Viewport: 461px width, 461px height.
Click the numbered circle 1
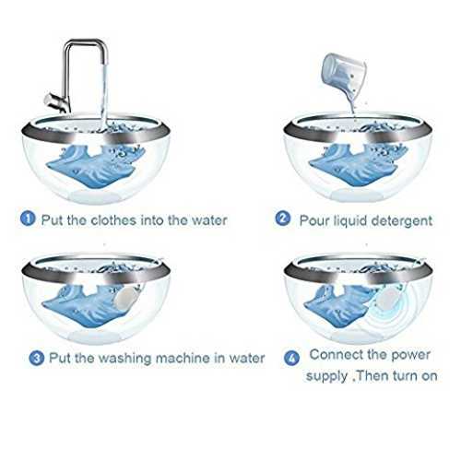coord(28,219)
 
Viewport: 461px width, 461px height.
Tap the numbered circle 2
coord(283,219)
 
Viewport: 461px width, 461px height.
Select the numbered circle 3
coord(37,358)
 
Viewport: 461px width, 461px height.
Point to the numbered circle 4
coord(291,358)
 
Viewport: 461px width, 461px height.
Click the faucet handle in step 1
coord(54,100)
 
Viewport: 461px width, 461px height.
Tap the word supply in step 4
coord(327,376)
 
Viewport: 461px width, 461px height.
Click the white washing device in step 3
coord(126,299)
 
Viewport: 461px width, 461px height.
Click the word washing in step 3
coord(125,359)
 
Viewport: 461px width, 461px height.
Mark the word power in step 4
coord(410,356)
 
